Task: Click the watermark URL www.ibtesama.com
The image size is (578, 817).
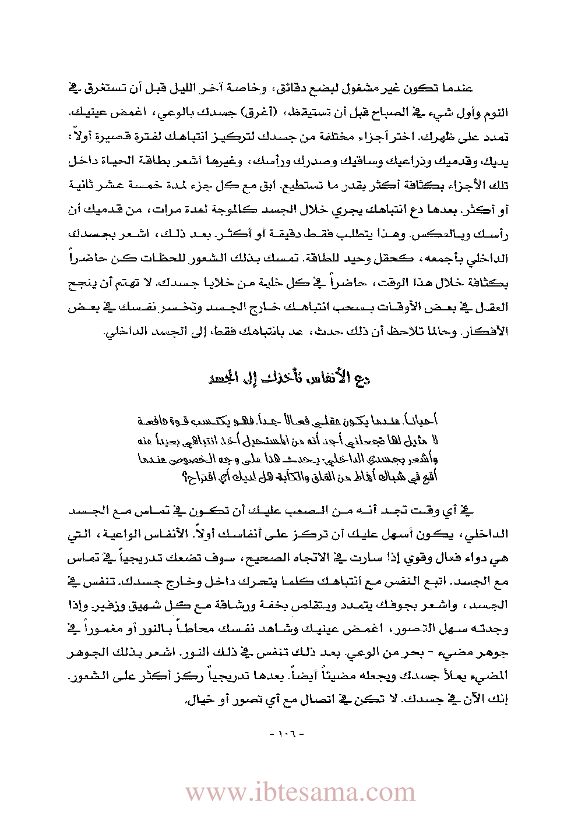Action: pyautogui.click(x=300, y=792)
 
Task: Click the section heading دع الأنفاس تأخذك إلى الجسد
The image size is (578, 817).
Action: pyautogui.click(x=288, y=378)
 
